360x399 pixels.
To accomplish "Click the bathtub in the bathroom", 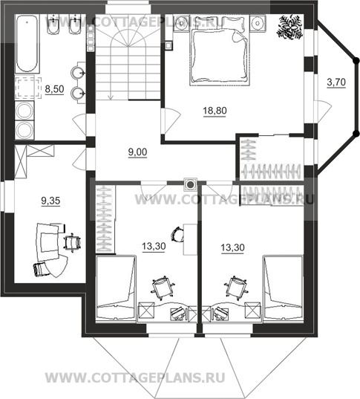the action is (x=27, y=43).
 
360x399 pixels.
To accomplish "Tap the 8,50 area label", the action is (x=54, y=89).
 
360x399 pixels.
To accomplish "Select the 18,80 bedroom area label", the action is (x=215, y=111).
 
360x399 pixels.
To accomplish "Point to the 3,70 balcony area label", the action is (x=336, y=82).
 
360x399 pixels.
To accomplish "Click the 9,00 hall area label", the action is (x=137, y=152).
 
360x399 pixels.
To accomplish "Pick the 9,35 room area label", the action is (x=50, y=201).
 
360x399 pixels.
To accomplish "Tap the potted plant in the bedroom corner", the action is (x=290, y=27).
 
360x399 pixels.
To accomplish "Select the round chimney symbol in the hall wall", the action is (x=190, y=184).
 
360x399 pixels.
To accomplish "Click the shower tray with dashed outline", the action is (x=28, y=87).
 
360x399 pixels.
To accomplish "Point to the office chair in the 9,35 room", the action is (x=73, y=242).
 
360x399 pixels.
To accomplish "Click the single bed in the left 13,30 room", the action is (x=116, y=288).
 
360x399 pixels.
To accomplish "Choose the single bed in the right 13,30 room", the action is (x=284, y=288).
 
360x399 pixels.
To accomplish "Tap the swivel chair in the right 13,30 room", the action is (x=236, y=287).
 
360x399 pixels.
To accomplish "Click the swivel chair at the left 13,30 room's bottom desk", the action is (x=163, y=287).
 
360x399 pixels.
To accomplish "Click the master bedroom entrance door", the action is (x=171, y=120).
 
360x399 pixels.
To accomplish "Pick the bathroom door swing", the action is (x=80, y=125).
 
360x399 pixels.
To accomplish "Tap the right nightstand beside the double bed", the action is (x=258, y=23).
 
